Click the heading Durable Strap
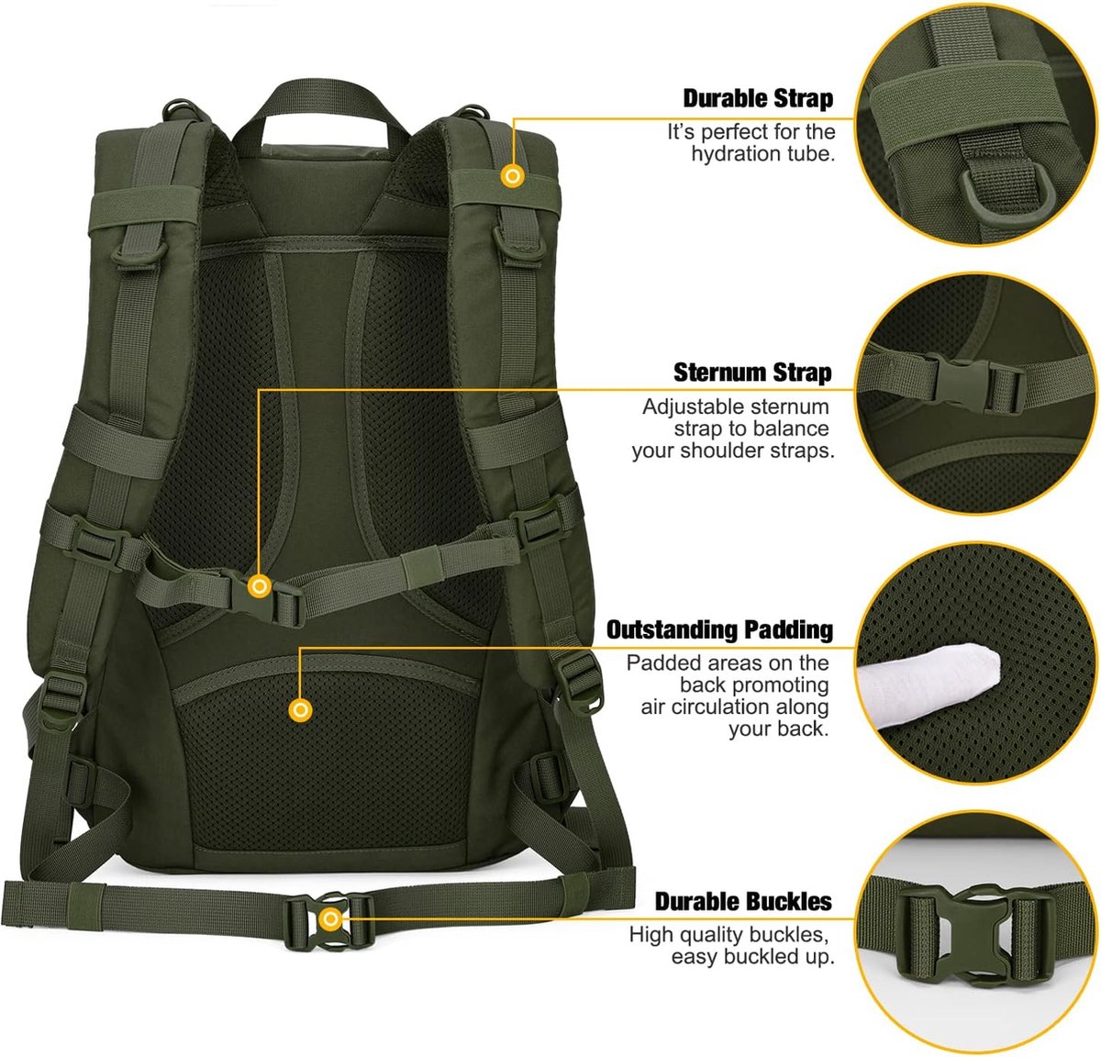click(758, 98)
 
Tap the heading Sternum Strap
click(752, 373)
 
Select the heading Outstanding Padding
click(719, 629)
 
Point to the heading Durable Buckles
click(743, 901)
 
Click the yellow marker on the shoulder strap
click(513, 176)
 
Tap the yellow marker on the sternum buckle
click(260, 586)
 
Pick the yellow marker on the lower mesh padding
click(300, 709)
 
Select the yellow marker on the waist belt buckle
click(330, 919)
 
